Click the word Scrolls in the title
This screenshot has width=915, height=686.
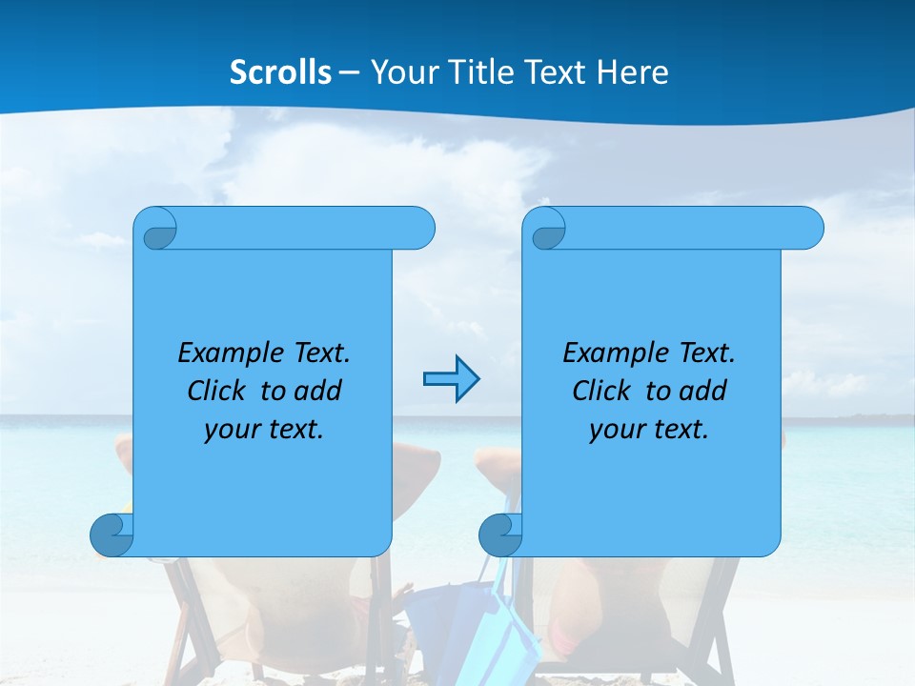(280, 72)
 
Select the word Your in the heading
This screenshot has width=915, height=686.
(403, 72)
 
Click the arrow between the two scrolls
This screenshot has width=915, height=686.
(451, 379)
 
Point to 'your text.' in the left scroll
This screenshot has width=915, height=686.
(264, 429)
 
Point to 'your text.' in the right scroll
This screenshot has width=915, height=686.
(649, 429)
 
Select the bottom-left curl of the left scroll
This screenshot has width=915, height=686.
(112, 535)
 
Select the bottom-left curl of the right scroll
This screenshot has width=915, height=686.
(500, 535)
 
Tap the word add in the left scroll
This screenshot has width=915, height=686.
(317, 391)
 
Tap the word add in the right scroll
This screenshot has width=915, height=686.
(702, 391)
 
